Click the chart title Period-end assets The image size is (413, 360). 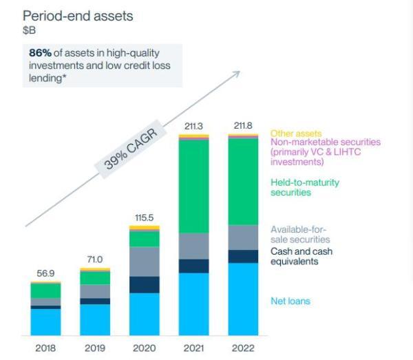(x=77, y=16)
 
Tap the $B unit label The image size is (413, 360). (x=30, y=30)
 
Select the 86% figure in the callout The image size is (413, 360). (x=40, y=52)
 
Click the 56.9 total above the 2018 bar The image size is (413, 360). (x=45, y=273)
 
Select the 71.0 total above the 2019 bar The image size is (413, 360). (x=94, y=260)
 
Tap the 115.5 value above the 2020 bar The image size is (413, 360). (x=144, y=217)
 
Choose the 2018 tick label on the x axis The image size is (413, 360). (x=45, y=348)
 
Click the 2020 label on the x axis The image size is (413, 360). (x=144, y=348)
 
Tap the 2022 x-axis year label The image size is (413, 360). (x=243, y=348)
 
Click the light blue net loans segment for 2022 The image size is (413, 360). (x=243, y=299)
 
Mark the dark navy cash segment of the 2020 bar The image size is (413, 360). (x=144, y=285)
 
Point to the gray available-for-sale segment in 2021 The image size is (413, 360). (x=193, y=246)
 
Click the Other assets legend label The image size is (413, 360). (x=296, y=134)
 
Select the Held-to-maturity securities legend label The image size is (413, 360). (x=305, y=187)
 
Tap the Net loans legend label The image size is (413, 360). (x=290, y=301)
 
